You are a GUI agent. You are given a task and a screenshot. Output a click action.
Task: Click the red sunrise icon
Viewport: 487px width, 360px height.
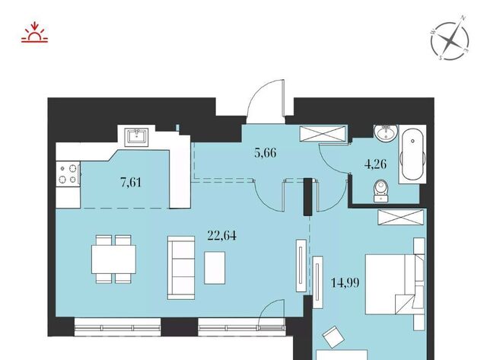(x=34, y=32)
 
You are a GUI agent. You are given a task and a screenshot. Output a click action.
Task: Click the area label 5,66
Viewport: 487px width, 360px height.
(x=266, y=153)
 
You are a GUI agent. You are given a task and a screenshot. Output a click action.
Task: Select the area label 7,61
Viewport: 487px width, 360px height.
(x=131, y=182)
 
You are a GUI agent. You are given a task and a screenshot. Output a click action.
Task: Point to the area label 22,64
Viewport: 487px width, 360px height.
(x=221, y=235)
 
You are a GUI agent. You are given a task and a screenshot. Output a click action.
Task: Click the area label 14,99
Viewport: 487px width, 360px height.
(x=345, y=282)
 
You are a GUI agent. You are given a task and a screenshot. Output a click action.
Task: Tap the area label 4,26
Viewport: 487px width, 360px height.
(x=375, y=164)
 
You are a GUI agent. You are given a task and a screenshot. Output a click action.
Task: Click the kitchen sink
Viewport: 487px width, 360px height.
(x=136, y=136)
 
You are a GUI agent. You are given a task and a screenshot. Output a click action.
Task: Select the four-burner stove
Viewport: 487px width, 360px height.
(x=68, y=174)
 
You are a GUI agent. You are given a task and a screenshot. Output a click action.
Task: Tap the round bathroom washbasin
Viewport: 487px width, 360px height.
(x=386, y=132)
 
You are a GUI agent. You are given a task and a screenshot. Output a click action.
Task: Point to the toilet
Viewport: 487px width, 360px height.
(x=381, y=191)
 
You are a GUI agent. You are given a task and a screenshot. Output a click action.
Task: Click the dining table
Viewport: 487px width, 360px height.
(x=113, y=260)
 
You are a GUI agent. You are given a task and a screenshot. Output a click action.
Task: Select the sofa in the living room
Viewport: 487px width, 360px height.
(x=181, y=268)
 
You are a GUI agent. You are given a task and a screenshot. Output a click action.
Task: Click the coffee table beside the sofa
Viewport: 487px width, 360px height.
(x=215, y=268)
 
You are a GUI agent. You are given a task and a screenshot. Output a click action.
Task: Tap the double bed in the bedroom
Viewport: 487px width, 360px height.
(x=390, y=284)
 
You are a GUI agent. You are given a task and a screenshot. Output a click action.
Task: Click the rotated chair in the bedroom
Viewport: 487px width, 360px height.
(x=333, y=337)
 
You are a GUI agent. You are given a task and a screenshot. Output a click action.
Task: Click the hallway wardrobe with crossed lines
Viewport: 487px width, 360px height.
(x=323, y=133)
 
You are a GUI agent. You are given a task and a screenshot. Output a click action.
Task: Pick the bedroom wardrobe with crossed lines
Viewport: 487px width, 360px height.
(x=401, y=217)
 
